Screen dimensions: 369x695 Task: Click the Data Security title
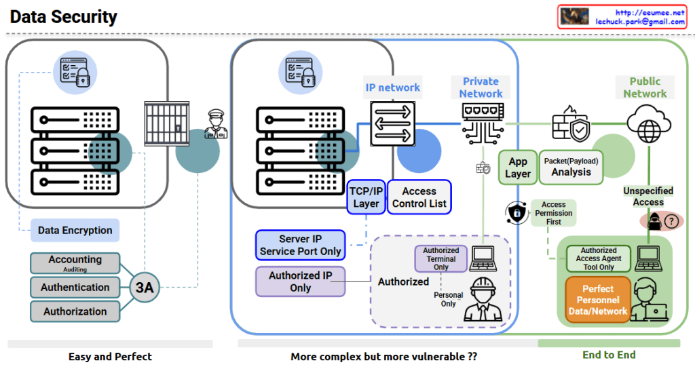tap(64, 17)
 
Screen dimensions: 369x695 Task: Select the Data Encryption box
tap(75, 231)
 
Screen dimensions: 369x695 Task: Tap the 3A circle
tap(145, 287)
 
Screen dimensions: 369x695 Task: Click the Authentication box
tap(75, 287)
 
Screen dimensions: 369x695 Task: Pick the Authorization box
tap(75, 311)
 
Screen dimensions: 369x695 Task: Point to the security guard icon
tap(217, 125)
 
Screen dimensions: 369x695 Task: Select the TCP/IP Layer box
tap(366, 197)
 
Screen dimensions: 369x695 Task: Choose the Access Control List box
tap(419, 197)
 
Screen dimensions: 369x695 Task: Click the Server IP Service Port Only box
tap(300, 246)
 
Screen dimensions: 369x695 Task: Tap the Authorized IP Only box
tap(300, 281)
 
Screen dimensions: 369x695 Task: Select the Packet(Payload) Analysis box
tap(571, 168)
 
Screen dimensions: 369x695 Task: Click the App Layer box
tap(518, 168)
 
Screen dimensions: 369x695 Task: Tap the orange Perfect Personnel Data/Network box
tap(597, 300)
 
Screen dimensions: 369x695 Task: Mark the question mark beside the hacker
tap(672, 221)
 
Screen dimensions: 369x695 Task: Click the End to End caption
tap(609, 355)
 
